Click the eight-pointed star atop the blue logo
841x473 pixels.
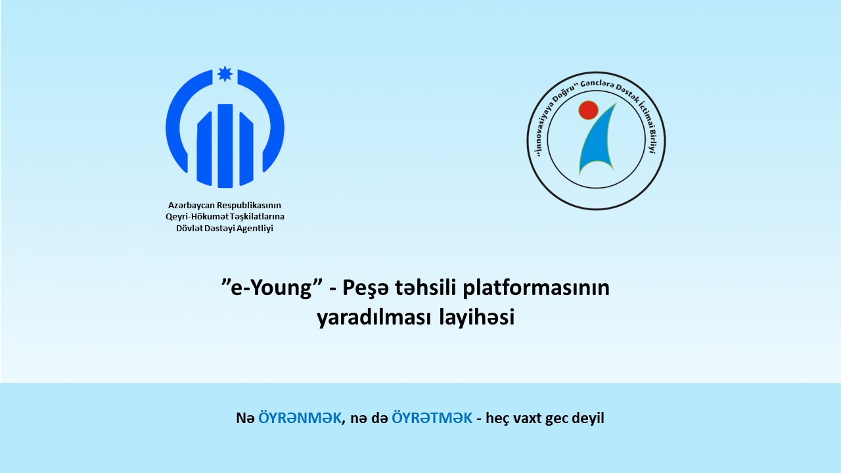pyautogui.click(x=225, y=74)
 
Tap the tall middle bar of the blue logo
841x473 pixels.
pyautogui.click(x=225, y=146)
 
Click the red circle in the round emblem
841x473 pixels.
pyautogui.click(x=588, y=110)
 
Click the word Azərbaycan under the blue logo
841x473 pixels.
pyautogui.click(x=191, y=206)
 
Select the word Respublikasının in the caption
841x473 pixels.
pyautogui.click(x=249, y=206)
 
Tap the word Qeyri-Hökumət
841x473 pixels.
pyautogui.click(x=197, y=217)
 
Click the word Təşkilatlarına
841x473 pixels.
pyautogui.click(x=258, y=217)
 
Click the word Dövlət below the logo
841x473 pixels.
pyautogui.click(x=190, y=228)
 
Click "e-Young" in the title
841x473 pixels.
pyautogui.click(x=272, y=288)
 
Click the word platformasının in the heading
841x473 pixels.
pyautogui.click(x=536, y=288)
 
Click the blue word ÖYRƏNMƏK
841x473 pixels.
pyautogui.click(x=300, y=418)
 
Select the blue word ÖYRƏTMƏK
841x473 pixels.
pyautogui.click(x=432, y=418)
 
